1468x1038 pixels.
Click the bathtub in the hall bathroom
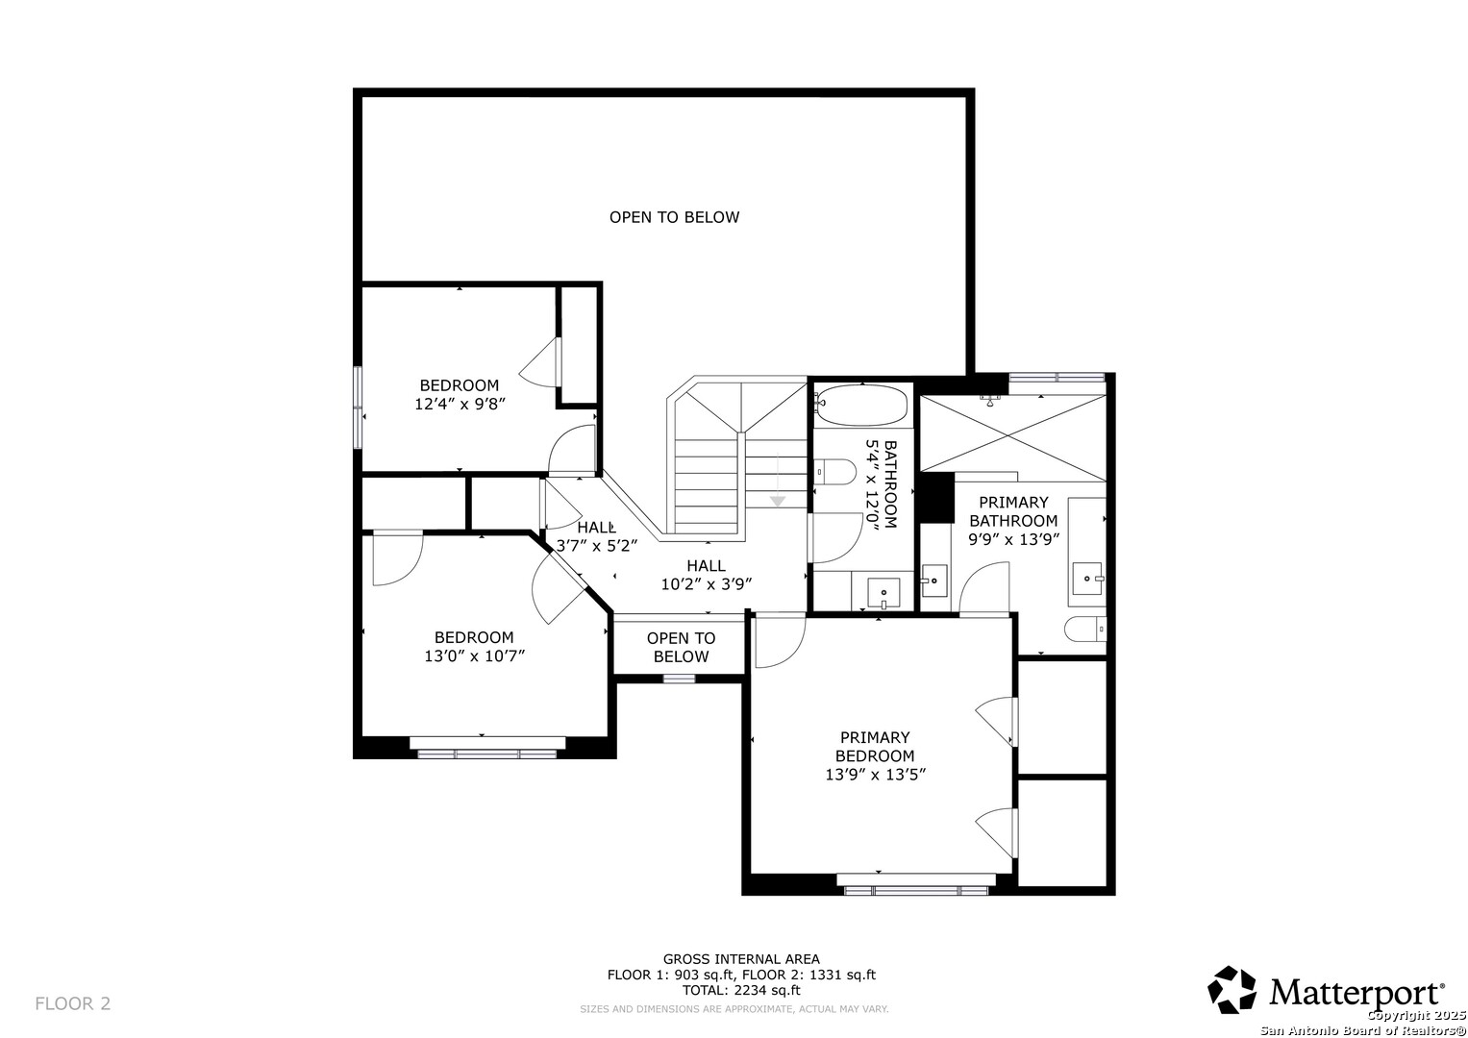tap(861, 405)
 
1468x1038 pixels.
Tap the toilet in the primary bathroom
tap(1084, 630)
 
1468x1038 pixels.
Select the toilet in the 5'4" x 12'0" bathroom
tap(834, 472)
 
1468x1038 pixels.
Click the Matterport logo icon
tap(1232, 990)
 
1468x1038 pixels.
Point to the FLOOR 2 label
tap(73, 1003)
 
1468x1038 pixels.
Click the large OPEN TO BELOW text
tap(674, 217)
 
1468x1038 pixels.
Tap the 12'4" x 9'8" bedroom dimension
tap(460, 404)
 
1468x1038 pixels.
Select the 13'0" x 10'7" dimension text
tap(475, 655)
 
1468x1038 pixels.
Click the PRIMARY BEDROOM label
tap(875, 747)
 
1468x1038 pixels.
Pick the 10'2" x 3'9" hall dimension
tap(706, 584)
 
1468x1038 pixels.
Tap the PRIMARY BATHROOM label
tap(1013, 511)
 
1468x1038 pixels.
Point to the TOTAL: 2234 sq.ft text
tap(741, 990)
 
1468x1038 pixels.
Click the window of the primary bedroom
tap(916, 890)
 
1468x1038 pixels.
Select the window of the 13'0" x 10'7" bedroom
tap(487, 754)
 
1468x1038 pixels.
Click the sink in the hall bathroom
tap(883, 593)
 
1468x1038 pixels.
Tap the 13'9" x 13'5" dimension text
tap(875, 774)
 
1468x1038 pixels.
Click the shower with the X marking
tap(1013, 432)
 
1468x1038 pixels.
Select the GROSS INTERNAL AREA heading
tap(741, 959)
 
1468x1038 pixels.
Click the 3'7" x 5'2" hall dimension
tap(596, 545)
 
